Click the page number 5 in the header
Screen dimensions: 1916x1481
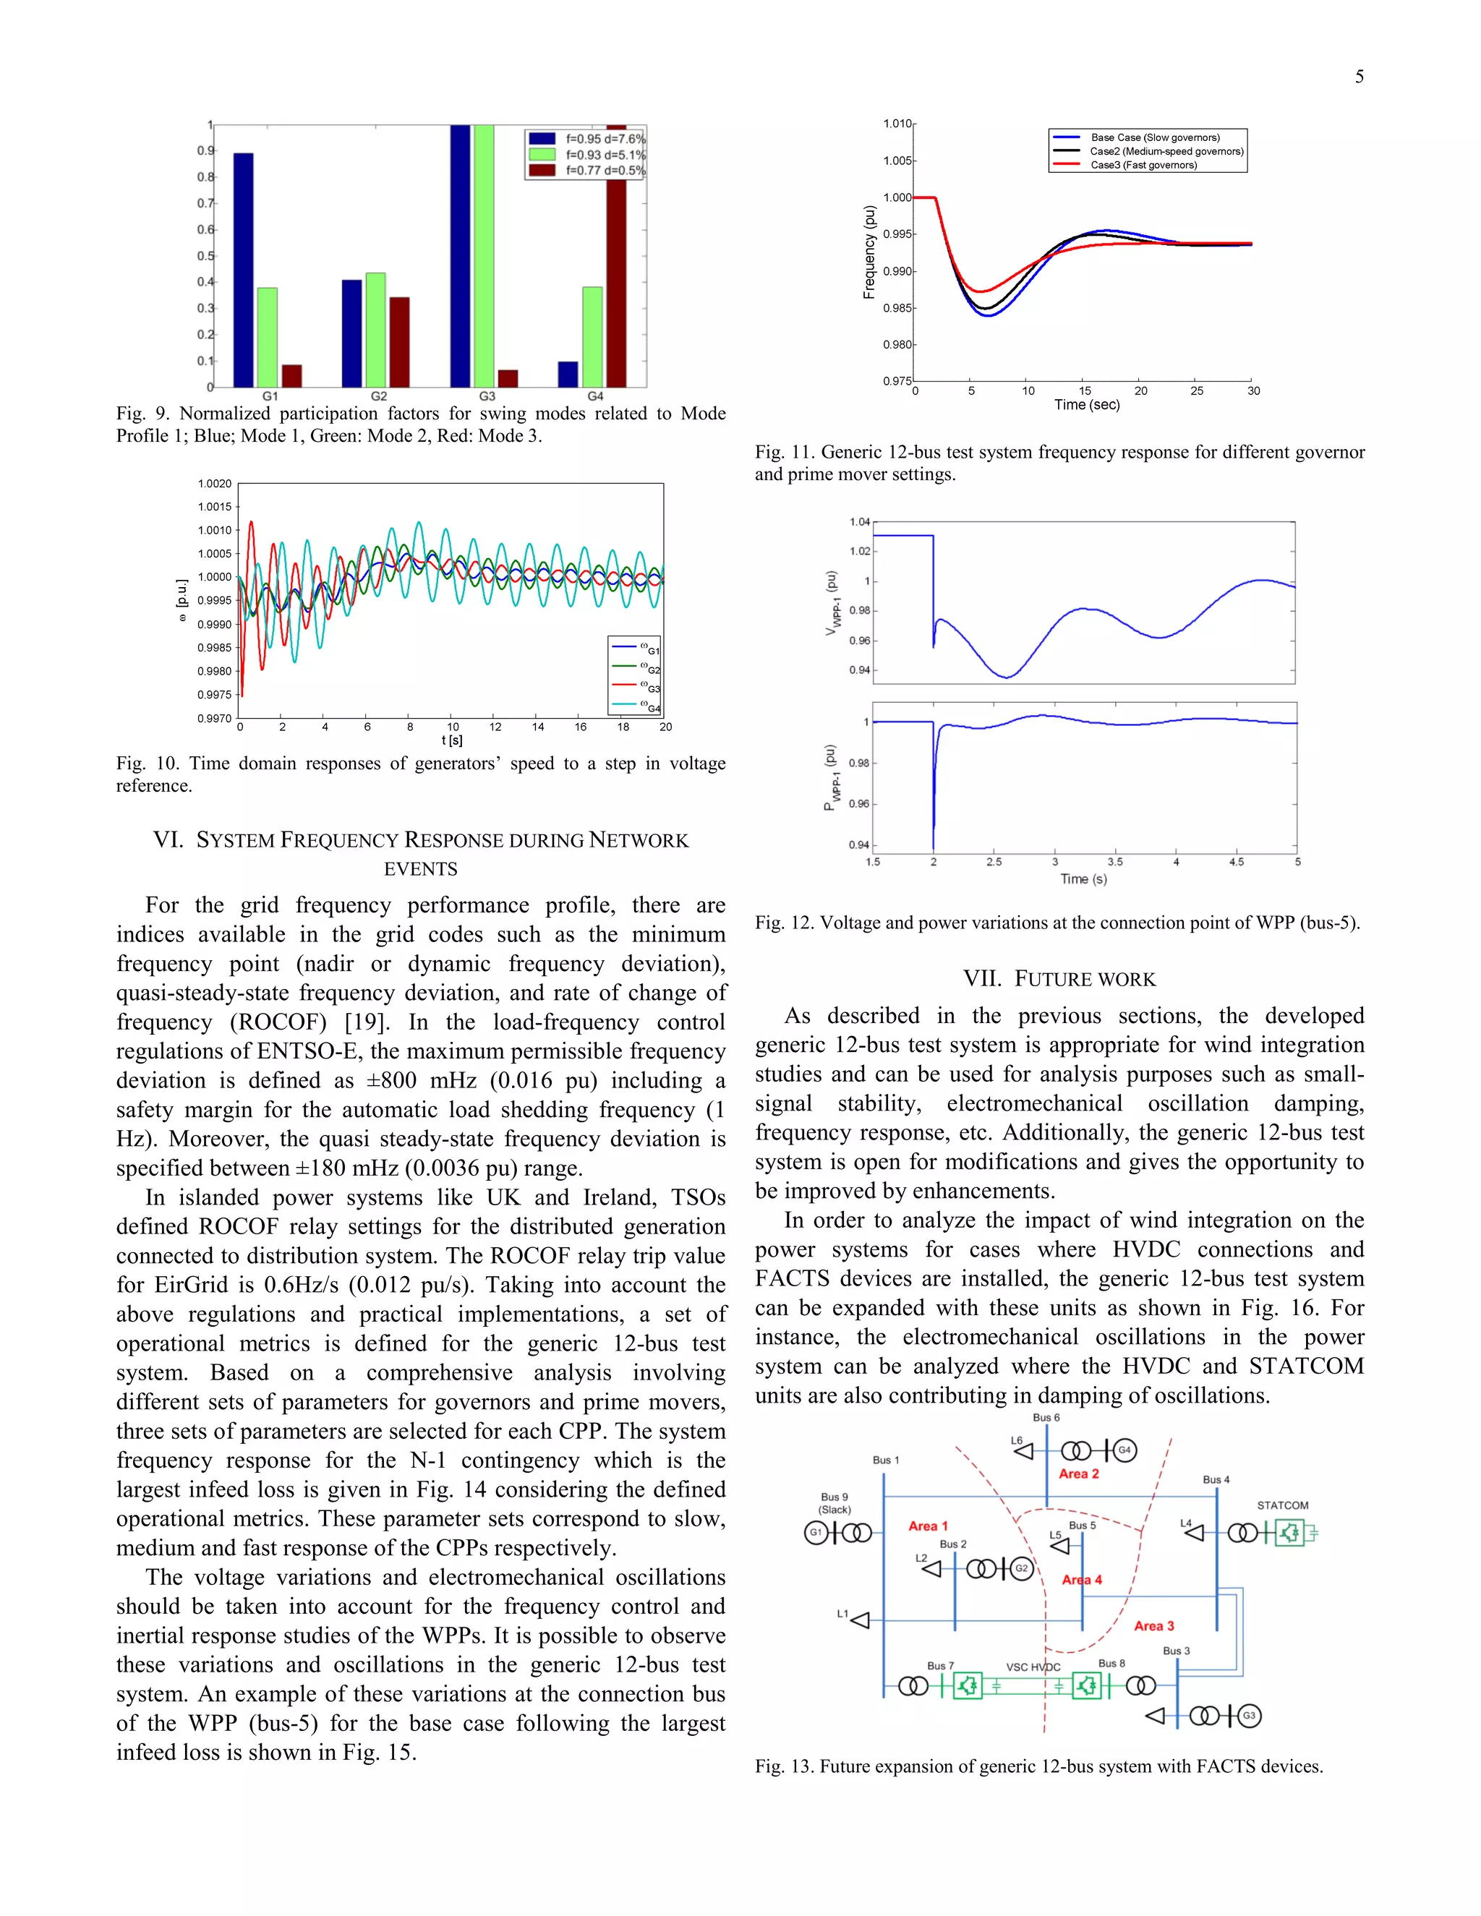1359,77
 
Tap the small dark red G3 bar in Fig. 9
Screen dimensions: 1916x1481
508,378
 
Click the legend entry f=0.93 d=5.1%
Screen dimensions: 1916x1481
605,155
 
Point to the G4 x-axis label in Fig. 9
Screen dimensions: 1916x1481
595,396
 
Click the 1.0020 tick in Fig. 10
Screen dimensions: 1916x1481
214,484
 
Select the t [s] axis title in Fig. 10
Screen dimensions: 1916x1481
452,740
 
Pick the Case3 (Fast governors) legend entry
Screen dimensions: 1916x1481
1143,165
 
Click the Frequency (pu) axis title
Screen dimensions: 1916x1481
869,252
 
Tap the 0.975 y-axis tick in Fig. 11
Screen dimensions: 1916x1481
897,381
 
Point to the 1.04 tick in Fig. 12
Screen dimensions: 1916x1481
859,522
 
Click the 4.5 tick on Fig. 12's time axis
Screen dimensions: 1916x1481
1235,863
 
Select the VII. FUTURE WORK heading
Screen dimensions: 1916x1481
1059,979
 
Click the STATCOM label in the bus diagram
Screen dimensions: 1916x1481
1282,1505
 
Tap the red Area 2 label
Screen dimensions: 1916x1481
1078,1474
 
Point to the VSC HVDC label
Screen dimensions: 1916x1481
1033,1667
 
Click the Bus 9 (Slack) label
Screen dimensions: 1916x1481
835,1503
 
